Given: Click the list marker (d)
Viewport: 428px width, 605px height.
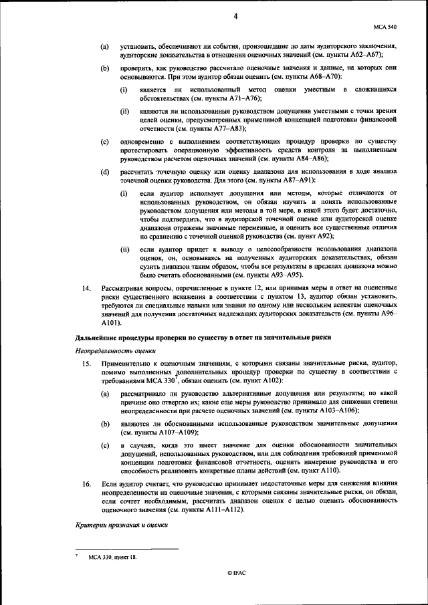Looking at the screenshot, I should [x=105, y=172].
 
